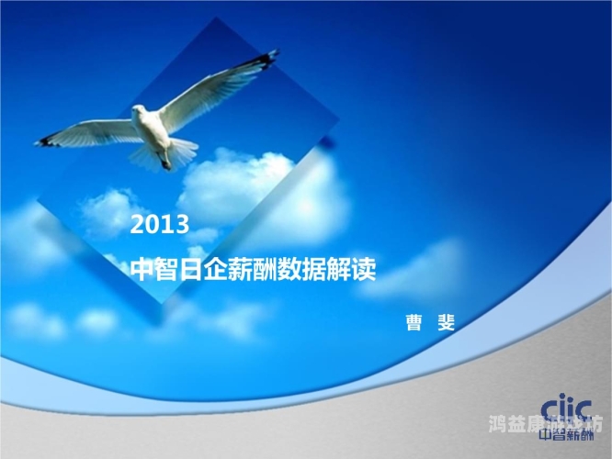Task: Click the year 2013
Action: [x=160, y=224]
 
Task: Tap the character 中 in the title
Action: [x=143, y=270]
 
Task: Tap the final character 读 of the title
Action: [x=364, y=270]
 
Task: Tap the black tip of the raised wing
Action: [x=267, y=59]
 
